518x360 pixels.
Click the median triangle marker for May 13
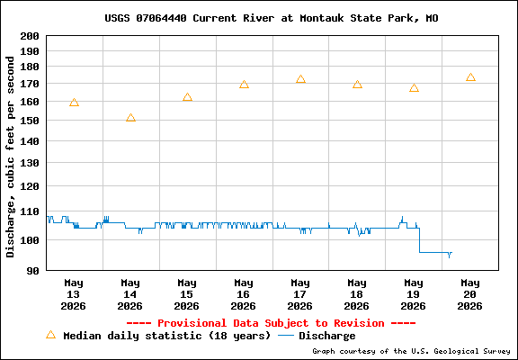coord(75,103)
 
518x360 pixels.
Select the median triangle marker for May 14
coord(130,118)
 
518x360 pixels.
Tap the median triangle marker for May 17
coord(300,79)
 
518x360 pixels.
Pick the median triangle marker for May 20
coord(470,77)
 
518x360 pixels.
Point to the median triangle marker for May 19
coord(414,88)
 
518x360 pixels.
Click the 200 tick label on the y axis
coord(30,36)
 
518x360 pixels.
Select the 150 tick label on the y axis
coord(30,121)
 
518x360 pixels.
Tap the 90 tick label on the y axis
coord(33,271)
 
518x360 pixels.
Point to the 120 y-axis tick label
coord(30,186)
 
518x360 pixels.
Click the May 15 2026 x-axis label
coord(187,294)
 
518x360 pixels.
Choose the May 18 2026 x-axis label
coord(357,294)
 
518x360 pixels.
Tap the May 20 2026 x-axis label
coord(470,294)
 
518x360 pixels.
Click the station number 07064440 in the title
coord(161,18)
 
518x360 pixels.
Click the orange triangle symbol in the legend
coord(51,335)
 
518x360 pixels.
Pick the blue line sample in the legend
coord(286,336)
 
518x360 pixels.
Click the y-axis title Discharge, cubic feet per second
coord(11,157)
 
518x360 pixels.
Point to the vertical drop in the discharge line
coord(420,240)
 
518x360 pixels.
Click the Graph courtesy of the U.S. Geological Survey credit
coord(411,351)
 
